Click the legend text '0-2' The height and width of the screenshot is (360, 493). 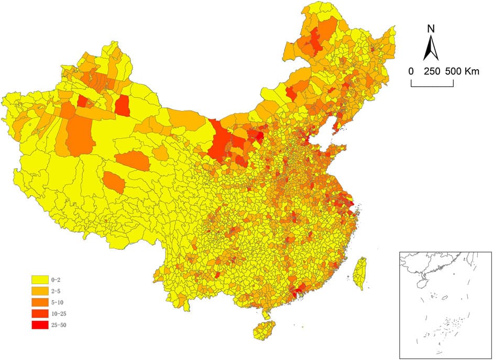pos(56,280)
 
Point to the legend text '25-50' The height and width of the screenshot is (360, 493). pos(59,325)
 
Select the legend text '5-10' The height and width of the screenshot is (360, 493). pos(58,302)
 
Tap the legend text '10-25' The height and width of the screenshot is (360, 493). pos(59,313)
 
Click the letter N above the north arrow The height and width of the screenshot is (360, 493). pos(430,28)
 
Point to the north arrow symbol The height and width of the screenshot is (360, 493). pos(430,48)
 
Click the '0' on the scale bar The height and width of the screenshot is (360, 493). pos(411,71)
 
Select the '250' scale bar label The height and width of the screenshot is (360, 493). pos(432,71)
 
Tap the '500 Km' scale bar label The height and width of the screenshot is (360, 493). pos(462,71)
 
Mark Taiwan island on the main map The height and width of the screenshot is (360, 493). pos(359,273)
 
